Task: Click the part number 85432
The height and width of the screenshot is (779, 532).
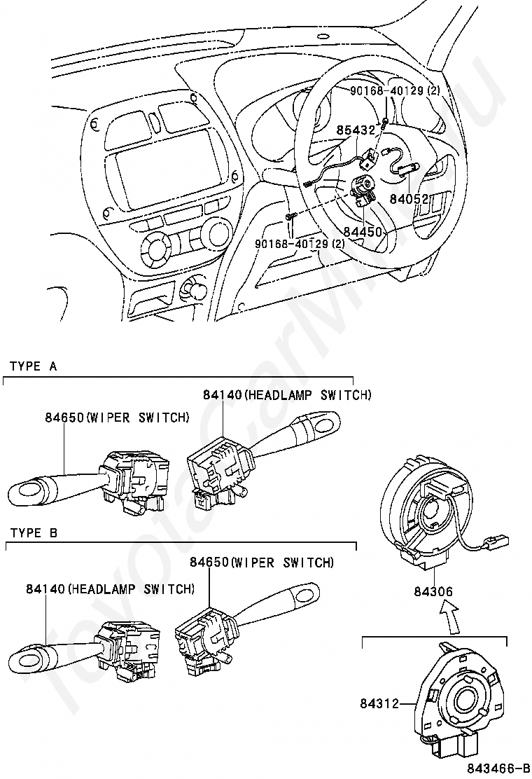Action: pos(356,130)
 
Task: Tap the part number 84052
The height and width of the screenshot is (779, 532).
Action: pos(409,199)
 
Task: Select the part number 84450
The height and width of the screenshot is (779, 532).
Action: pos(362,230)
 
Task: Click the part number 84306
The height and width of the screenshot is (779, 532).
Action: pos(433,592)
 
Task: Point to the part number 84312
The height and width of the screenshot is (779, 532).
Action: pos(381,701)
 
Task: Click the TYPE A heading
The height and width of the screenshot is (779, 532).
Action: pos(34,366)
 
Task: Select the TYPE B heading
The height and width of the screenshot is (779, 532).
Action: pos(34,533)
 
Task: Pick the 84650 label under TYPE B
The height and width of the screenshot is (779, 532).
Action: pos(209,562)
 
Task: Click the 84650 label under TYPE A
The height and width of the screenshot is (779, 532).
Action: pos(64,418)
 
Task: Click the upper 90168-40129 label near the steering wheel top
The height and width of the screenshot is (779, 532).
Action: pos(395,91)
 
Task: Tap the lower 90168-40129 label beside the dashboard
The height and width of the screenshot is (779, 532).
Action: pos(300,244)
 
